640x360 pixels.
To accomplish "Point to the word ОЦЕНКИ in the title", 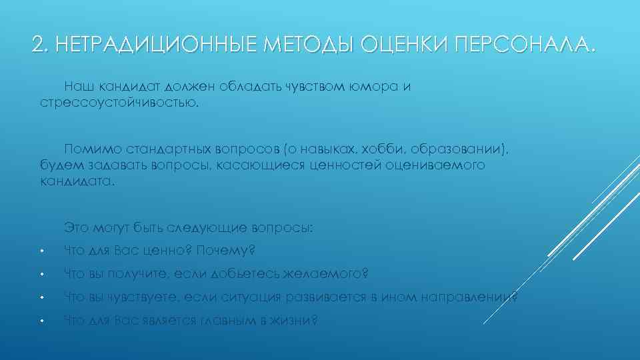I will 405,45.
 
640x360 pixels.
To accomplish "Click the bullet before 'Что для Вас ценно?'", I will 41,252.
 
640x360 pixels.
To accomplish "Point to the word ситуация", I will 261,297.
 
